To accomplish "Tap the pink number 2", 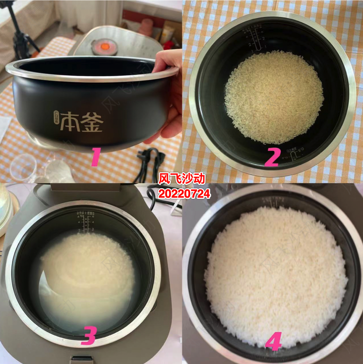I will (272, 157).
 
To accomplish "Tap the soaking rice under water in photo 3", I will (86, 272).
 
